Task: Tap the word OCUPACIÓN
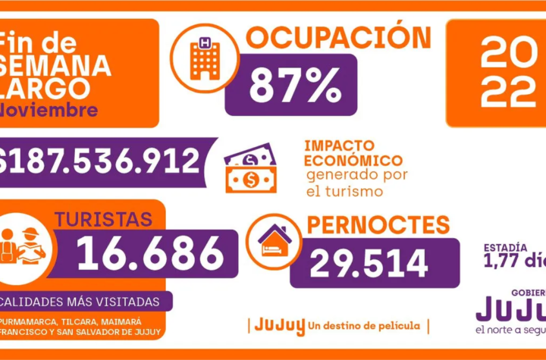[x=338, y=38]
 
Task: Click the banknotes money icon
[x=250, y=168]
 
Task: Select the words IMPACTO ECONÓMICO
[x=353, y=152]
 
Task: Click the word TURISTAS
[x=103, y=220]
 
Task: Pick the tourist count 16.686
[x=150, y=253]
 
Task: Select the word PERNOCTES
[x=377, y=225]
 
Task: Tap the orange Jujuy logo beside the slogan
[x=280, y=325]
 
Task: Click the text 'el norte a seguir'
[x=510, y=330]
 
